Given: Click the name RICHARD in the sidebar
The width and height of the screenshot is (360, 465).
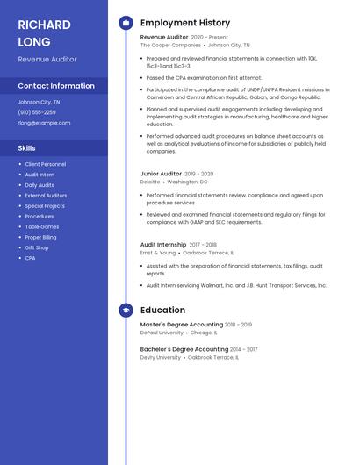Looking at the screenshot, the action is (44, 25).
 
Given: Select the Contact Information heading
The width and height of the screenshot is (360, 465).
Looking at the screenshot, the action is (56, 86).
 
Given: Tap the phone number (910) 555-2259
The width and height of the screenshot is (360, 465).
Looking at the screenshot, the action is (37, 112).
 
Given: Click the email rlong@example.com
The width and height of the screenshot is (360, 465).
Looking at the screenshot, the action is (44, 123).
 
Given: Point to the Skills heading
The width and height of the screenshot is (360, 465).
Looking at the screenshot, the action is (27, 148).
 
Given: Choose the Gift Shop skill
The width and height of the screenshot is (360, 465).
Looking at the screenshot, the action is (37, 247).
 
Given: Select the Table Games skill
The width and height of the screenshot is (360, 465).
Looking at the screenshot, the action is (42, 226).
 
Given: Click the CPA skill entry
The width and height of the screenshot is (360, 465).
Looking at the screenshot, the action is (30, 258).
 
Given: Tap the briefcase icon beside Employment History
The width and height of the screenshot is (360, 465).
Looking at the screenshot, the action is (126, 23).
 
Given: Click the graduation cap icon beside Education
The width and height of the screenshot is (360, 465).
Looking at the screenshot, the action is (126, 311).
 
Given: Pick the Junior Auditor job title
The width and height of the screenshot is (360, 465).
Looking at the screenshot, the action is (161, 174).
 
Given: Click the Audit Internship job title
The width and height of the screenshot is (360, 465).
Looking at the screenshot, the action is (163, 245).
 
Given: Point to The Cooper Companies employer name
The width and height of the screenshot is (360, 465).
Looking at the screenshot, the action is (170, 45).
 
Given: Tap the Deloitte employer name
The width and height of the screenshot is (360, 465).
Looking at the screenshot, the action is (150, 182).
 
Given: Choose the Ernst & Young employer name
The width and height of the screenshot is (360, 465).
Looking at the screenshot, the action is (158, 253).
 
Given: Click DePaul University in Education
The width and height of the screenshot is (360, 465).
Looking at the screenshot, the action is (162, 333).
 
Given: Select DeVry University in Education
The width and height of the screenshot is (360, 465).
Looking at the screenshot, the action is (161, 357).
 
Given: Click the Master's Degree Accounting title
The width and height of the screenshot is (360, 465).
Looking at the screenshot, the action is (182, 325).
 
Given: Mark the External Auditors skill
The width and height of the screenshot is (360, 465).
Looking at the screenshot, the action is (46, 196).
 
